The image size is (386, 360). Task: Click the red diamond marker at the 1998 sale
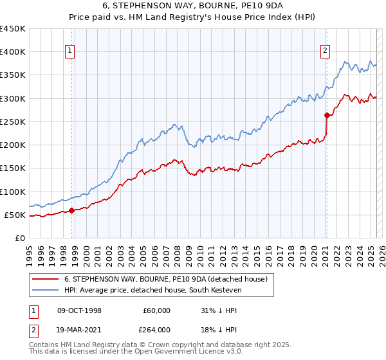tap(71, 210)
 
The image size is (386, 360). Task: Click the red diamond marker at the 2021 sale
tap(327, 115)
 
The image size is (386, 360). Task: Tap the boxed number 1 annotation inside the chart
tap(69, 51)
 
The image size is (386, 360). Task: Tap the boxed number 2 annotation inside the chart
tap(325, 51)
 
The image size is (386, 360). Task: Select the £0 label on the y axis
tap(20, 239)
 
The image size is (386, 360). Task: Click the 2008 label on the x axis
tap(177, 256)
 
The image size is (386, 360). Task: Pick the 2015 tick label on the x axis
tap(257, 256)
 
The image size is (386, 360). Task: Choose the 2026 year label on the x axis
tap(382, 256)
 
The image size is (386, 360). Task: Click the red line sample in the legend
tap(45, 279)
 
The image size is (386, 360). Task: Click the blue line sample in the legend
tap(45, 290)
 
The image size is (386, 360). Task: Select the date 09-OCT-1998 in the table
tap(79, 310)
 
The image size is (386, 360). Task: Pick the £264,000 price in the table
tap(154, 330)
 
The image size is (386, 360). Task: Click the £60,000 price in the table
tap(156, 310)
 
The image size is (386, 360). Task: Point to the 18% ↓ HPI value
tap(219, 330)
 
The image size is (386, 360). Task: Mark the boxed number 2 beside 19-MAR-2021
tap(33, 330)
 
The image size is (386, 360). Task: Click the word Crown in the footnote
tap(159, 345)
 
